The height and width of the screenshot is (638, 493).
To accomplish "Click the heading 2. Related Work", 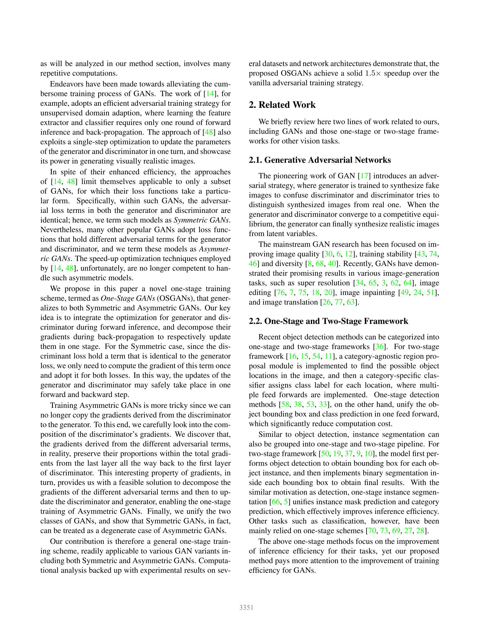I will (x=282, y=105).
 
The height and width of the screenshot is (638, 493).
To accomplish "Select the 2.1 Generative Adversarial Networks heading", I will (x=320, y=160).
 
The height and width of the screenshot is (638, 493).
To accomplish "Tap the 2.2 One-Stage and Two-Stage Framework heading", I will (x=328, y=321).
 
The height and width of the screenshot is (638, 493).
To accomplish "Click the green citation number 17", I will (x=364, y=176).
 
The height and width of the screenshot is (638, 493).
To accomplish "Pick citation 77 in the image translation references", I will (x=339, y=302).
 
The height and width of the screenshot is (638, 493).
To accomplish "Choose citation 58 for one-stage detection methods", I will (x=285, y=405).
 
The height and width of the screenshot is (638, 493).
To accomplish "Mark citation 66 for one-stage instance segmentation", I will (x=276, y=502).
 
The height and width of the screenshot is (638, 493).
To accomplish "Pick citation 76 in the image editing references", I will (x=280, y=292).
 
